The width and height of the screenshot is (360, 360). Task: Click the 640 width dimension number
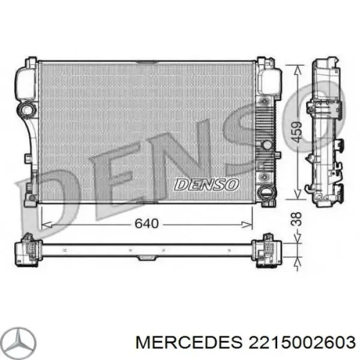tap(146, 224)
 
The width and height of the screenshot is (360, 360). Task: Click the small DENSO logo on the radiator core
tap(206, 184)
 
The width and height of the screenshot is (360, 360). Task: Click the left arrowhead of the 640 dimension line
tap(43, 224)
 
